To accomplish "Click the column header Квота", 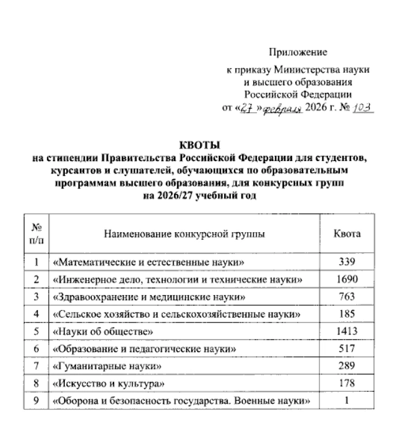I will pyautogui.click(x=347, y=235).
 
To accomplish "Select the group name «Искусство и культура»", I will pyautogui.click(x=104, y=382).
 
